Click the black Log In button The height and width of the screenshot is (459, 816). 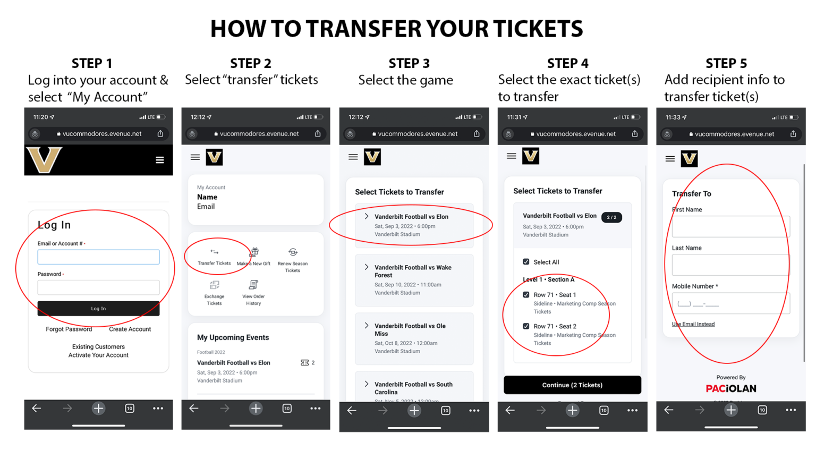point(98,309)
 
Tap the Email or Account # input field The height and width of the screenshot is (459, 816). point(98,257)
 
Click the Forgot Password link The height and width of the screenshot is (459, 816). point(69,329)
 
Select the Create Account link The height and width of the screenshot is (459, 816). point(130,329)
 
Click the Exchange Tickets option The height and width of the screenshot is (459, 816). point(214,292)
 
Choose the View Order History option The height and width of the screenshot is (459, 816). point(253,292)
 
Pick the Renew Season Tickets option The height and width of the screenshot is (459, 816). point(293,259)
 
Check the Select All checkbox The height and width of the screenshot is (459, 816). point(526,262)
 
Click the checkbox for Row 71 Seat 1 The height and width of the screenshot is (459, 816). point(526,295)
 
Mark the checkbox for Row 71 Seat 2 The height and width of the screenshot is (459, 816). point(526,326)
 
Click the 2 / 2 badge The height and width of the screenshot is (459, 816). point(611,217)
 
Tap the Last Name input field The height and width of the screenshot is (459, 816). point(730,265)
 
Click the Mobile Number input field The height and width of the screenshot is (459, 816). point(730,303)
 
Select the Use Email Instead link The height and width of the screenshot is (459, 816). point(693,324)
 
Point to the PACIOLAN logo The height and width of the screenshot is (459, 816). point(731,389)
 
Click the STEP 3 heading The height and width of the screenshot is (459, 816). point(409,63)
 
